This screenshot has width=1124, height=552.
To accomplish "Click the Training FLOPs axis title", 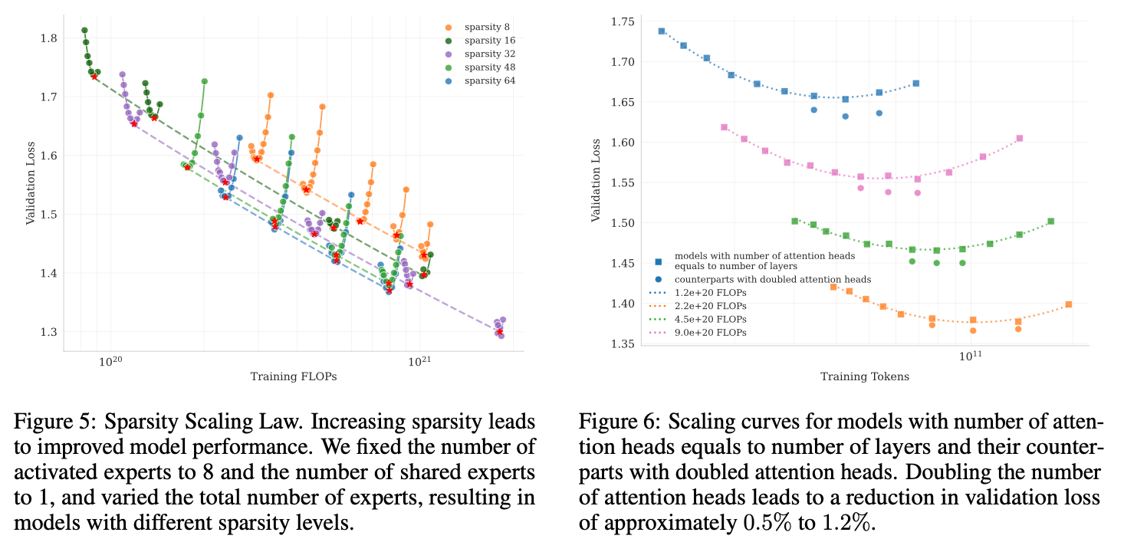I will tap(294, 376).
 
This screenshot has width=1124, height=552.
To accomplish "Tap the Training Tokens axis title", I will tap(866, 376).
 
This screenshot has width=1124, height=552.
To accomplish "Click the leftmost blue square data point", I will tap(662, 31).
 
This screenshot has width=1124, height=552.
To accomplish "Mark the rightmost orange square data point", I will tap(1069, 304).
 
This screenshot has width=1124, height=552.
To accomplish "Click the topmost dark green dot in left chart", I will tap(84, 31).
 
